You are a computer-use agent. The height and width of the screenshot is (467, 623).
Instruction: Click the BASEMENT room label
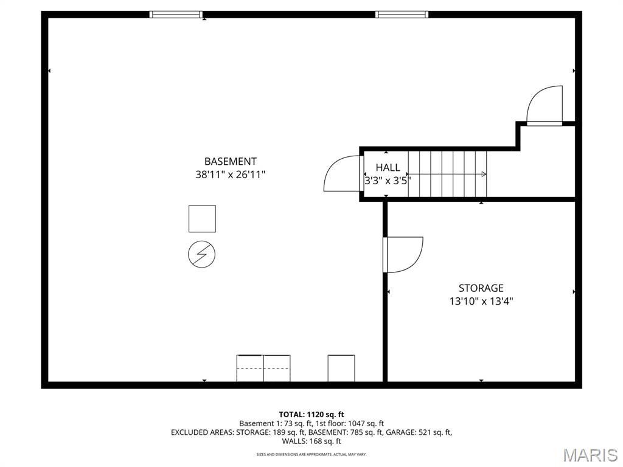(x=230, y=162)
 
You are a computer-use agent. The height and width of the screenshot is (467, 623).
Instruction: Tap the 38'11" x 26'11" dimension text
(x=230, y=175)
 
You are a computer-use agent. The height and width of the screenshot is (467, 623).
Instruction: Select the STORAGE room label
(x=481, y=288)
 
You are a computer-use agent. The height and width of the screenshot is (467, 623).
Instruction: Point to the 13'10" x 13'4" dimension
(x=481, y=301)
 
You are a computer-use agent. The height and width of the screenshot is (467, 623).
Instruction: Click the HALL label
(x=388, y=168)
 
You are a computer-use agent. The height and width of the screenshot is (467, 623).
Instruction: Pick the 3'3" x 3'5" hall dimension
(x=388, y=181)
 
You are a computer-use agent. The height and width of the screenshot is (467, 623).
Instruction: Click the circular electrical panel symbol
(x=202, y=254)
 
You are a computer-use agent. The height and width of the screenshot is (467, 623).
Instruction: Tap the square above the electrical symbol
(x=202, y=219)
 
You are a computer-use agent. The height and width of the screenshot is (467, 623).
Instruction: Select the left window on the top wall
(x=176, y=15)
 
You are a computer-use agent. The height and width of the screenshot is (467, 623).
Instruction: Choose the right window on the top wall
(x=402, y=15)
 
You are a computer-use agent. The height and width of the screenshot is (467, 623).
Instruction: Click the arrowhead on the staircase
(x=484, y=174)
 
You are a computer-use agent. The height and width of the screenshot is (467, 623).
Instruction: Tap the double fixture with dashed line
(x=263, y=368)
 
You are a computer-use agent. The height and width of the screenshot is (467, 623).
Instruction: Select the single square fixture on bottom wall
(x=341, y=368)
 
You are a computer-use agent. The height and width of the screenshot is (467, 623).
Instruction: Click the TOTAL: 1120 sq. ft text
(x=311, y=415)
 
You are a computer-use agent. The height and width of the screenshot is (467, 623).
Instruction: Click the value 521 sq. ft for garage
(x=435, y=432)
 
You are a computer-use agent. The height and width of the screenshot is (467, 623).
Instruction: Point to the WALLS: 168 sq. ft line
(x=311, y=441)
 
